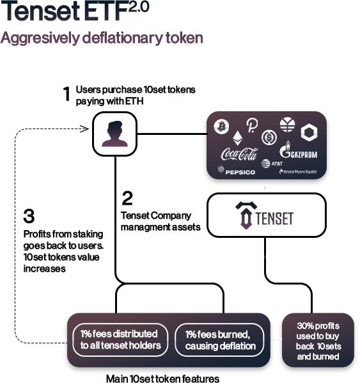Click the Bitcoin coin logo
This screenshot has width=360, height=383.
coord(221,127)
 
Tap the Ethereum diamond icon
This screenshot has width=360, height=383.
coord(237,138)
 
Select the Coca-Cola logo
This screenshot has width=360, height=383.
coord(239,153)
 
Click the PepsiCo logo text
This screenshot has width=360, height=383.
coord(237,171)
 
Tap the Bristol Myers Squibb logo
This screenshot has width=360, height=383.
coord(298,171)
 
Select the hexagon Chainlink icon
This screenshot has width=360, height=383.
coord(309,132)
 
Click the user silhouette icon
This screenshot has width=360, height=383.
coord(114,134)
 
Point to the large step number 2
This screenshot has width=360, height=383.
coord(127,198)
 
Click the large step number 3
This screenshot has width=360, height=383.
coord(29,216)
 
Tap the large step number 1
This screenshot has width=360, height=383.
coord(67,94)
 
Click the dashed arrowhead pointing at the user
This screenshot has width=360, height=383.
coord(85,129)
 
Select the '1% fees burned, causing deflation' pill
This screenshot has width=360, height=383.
coord(219,340)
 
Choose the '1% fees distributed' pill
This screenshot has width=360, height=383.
coord(120,340)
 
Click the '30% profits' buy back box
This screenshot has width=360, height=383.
coord(318,340)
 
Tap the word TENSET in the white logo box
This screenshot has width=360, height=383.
coord(274,218)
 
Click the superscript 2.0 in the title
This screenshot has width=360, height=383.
coord(139,7)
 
